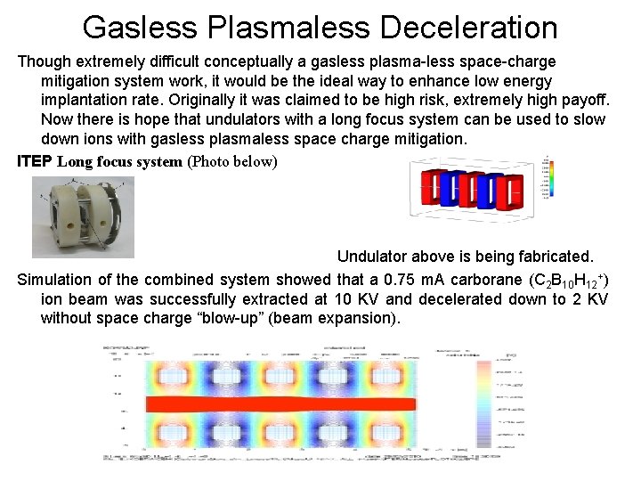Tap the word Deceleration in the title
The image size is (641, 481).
468,28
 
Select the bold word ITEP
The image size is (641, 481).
35,161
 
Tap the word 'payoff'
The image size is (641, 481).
579,100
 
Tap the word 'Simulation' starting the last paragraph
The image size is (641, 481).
58,279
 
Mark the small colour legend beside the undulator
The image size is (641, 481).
545,178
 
